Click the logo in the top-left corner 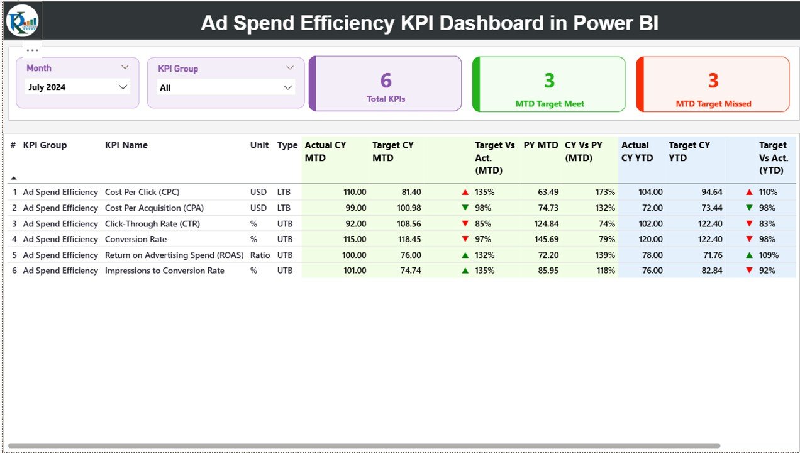coord(22,21)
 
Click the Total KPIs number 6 coord(386,81)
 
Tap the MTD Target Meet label coord(549,104)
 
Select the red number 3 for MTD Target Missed coord(713,81)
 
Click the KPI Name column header coord(126,145)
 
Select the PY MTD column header coord(541,145)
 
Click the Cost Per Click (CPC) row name coord(142,192)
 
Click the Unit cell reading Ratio coord(260,255)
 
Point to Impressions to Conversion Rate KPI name coord(164,271)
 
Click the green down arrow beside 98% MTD coord(465,208)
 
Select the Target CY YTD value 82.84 coord(709,271)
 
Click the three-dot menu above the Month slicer coord(33,50)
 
